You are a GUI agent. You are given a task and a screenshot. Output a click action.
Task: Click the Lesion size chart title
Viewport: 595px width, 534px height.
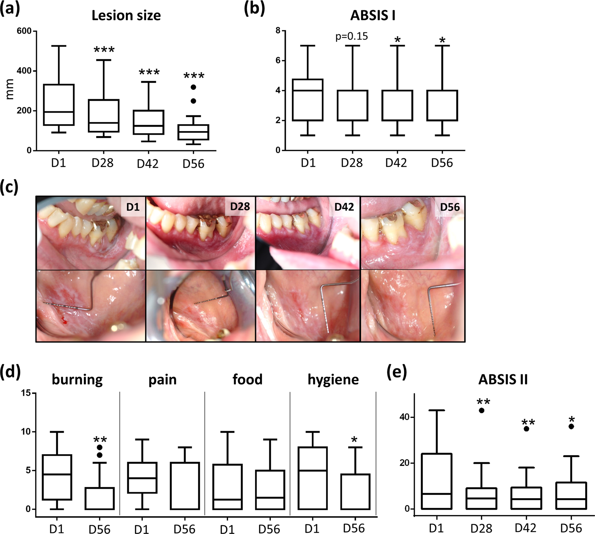pos(126,16)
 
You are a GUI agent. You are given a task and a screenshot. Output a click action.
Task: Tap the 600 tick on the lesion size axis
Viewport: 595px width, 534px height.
pos(24,31)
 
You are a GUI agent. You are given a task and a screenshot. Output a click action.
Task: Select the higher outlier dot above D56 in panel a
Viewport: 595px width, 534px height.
pos(193,87)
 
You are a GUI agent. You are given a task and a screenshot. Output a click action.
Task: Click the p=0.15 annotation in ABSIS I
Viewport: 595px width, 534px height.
pos(351,37)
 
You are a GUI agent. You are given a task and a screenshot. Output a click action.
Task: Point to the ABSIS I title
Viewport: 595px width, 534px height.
pos(372,16)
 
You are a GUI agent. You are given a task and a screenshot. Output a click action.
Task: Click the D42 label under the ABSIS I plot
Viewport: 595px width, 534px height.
pos(396,163)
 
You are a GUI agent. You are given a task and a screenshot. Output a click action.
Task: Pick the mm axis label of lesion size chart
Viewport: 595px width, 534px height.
pos(10,89)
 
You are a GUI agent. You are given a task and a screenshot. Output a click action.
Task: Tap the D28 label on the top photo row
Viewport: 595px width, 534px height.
pos(240,207)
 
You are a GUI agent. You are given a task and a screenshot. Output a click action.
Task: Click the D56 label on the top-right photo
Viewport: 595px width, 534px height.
pos(450,207)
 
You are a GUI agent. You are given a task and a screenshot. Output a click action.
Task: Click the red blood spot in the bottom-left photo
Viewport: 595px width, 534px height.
pos(64,320)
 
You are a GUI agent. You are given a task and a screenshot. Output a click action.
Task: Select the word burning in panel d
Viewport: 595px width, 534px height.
pos(77,379)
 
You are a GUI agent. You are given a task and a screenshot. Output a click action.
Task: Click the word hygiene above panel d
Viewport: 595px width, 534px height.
pos(333,379)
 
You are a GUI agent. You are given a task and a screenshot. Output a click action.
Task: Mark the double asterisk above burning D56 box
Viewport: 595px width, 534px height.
pos(100,440)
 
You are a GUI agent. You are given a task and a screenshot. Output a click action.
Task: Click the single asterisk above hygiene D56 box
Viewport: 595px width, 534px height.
pos(354,440)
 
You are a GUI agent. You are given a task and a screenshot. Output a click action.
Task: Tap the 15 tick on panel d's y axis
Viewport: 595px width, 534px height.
pos(26,393)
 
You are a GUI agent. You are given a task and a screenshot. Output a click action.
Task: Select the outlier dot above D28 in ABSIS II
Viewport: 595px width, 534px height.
pos(482,411)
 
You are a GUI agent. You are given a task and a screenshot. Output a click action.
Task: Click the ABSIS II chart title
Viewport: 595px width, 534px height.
pos(503,379)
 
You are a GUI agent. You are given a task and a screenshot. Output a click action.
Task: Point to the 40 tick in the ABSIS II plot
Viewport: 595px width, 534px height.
pos(405,417)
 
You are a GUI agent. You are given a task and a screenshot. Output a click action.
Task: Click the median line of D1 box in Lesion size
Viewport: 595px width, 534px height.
pos(59,112)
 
